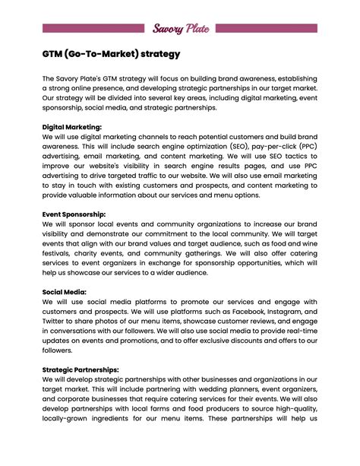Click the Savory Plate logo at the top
coord(180,28)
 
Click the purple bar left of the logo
coord(93,28)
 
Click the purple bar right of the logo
coord(267,28)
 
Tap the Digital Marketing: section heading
coord(72,127)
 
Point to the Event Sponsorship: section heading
coord(74,214)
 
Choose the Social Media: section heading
coord(65,292)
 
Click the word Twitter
coord(56,322)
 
